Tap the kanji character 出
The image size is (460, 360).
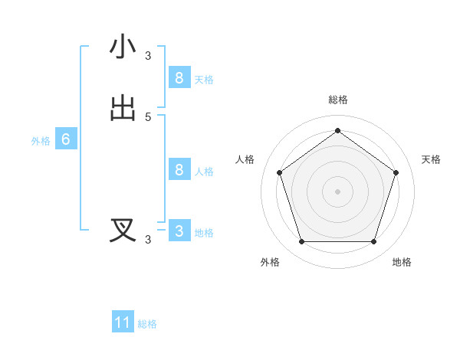(x=123, y=108)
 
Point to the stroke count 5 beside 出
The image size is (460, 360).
(x=148, y=116)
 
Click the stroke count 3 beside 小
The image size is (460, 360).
(x=148, y=55)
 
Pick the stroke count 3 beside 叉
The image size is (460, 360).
(x=148, y=240)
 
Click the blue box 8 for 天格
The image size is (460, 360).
(x=179, y=77)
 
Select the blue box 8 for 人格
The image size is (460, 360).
(x=179, y=169)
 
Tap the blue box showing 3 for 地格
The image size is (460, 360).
(x=179, y=231)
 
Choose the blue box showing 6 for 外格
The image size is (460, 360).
(x=66, y=139)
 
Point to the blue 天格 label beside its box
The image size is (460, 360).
(x=204, y=80)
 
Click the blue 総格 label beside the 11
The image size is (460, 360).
(x=147, y=325)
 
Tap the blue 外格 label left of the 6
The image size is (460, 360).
(x=41, y=142)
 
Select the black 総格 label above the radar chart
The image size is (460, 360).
(x=337, y=100)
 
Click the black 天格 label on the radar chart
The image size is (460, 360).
(x=431, y=159)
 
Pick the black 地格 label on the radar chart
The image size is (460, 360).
(x=402, y=262)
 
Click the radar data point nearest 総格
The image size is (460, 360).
(x=337, y=131)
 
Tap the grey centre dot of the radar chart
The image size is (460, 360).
(x=337, y=191)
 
